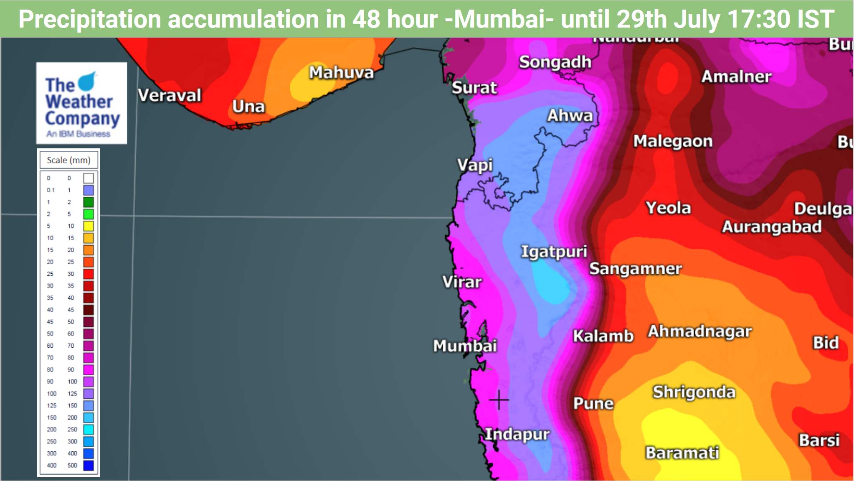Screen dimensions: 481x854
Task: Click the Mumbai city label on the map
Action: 465,346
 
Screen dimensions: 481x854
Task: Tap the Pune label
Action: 593,403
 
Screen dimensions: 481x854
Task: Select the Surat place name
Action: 474,88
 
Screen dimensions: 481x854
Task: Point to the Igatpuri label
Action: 554,252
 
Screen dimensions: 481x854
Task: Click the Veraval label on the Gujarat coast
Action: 170,95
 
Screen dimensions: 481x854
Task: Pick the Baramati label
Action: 682,453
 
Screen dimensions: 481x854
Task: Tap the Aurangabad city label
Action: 772,227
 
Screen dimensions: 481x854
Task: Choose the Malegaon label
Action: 673,141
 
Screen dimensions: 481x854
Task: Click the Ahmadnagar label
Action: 699,331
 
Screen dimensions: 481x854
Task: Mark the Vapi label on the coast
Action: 475,165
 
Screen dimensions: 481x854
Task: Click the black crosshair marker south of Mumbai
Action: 499,400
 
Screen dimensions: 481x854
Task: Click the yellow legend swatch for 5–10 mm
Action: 88,226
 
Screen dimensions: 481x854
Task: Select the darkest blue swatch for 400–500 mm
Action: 88,465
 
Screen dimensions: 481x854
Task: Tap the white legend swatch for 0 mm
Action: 88,178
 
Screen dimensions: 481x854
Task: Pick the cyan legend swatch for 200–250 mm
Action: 88,429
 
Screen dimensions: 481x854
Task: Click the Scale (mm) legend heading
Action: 68,160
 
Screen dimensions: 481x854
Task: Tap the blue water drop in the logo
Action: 87,81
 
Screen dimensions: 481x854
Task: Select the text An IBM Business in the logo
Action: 78,134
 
